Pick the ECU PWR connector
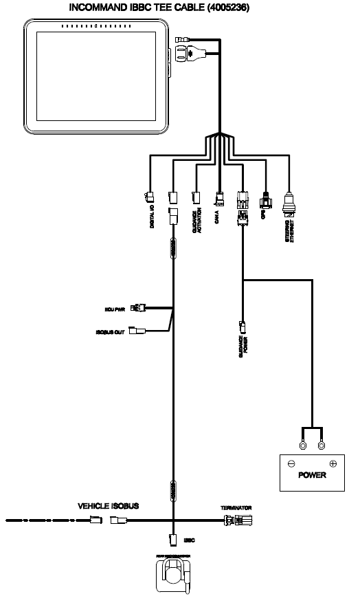141,307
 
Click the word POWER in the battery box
312,476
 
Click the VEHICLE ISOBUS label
109,506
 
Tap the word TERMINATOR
236,507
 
